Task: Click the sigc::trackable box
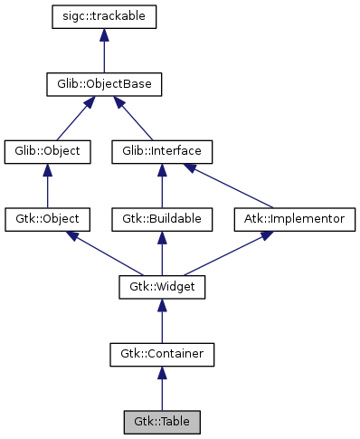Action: tap(105, 16)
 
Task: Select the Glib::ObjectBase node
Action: tap(105, 84)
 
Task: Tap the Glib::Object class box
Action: tap(48, 151)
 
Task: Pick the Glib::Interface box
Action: tap(161, 151)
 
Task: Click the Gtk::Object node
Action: tap(48, 219)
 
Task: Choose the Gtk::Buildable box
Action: tap(161, 219)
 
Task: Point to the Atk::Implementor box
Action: tap(295, 219)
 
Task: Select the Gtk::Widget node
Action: tap(161, 287)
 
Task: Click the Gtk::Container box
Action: tap(161, 354)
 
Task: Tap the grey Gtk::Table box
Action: tap(161, 422)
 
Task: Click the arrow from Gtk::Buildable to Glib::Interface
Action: tap(161, 186)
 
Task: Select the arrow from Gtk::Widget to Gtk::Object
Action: tap(104, 253)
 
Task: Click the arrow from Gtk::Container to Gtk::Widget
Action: tap(161, 321)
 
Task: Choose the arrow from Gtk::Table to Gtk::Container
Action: tap(161, 389)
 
